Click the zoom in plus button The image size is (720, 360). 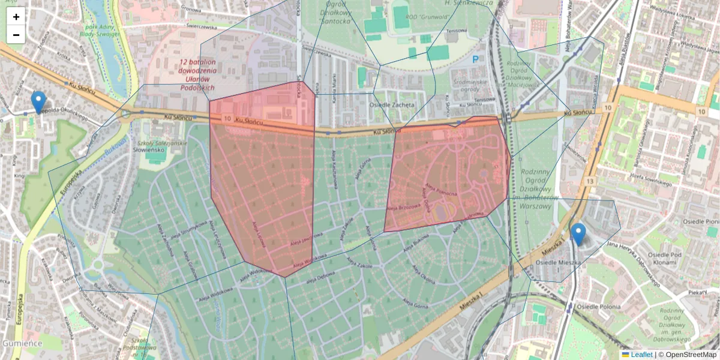click(16, 17)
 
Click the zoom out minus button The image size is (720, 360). click(16, 35)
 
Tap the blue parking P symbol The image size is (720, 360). click(476, 59)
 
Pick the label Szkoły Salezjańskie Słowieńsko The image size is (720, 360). click(152, 145)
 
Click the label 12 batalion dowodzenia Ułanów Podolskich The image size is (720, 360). click(197, 74)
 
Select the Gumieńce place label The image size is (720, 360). click(22, 344)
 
